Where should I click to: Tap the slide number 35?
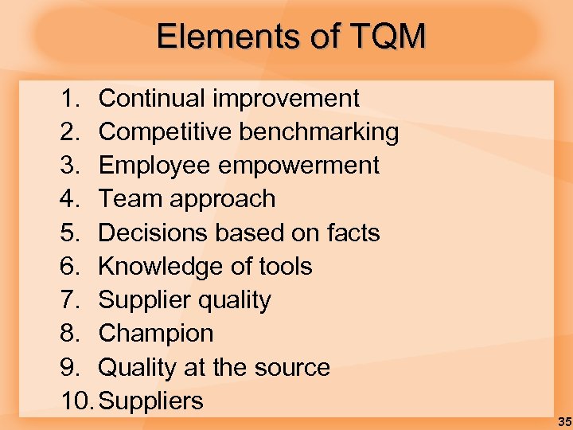coord(564,421)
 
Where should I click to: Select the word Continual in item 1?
coord(152,99)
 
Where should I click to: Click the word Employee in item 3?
coord(151,166)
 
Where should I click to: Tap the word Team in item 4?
coord(127,199)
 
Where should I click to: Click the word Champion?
coord(156,334)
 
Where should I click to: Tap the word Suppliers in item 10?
coord(150,401)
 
